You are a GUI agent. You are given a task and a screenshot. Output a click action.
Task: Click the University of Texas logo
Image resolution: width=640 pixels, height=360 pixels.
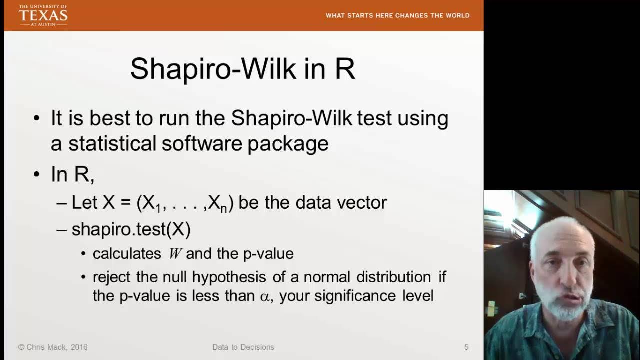pos(43,15)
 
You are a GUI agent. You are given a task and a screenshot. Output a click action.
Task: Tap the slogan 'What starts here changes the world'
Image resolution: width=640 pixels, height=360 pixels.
pos(397,15)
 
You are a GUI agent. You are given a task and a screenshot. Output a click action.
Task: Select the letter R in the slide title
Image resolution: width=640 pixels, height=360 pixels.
pos(345,68)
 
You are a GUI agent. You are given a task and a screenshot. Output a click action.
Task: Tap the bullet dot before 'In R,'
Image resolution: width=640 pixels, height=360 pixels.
pos(36,174)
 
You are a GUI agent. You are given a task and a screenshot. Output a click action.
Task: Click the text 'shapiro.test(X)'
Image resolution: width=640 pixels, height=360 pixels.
pos(131,229)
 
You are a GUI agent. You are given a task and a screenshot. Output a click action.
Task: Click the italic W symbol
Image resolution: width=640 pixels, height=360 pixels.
pos(175,254)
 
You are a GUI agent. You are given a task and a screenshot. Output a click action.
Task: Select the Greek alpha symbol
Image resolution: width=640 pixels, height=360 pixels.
pos(264,296)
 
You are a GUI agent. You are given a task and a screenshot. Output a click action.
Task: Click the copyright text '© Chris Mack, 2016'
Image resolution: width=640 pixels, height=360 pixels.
pos(53,347)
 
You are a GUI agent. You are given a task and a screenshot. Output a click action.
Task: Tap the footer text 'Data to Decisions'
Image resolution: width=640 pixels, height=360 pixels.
pos(243,347)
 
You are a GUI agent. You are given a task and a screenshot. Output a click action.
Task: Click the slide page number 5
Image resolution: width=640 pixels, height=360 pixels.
pos(466,347)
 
